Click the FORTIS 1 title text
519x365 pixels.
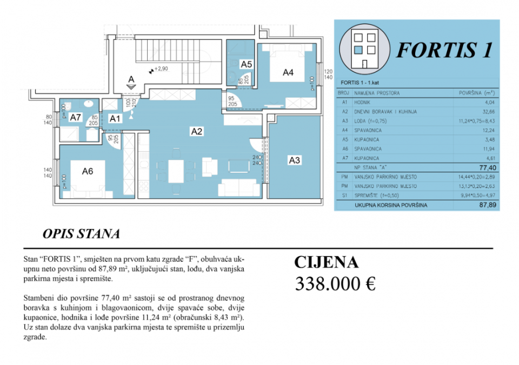444,50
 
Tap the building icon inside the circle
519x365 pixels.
364,50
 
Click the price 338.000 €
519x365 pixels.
335,283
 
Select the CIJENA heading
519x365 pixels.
326,262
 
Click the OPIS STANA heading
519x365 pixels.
81,234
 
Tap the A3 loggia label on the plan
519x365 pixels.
294,160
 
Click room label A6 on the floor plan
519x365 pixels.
88,171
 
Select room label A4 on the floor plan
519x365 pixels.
288,72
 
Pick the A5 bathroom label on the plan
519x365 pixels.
246,64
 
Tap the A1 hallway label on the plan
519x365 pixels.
115,118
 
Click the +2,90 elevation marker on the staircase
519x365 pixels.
160,69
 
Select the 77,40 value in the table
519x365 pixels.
487,168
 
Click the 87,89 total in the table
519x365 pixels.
487,205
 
